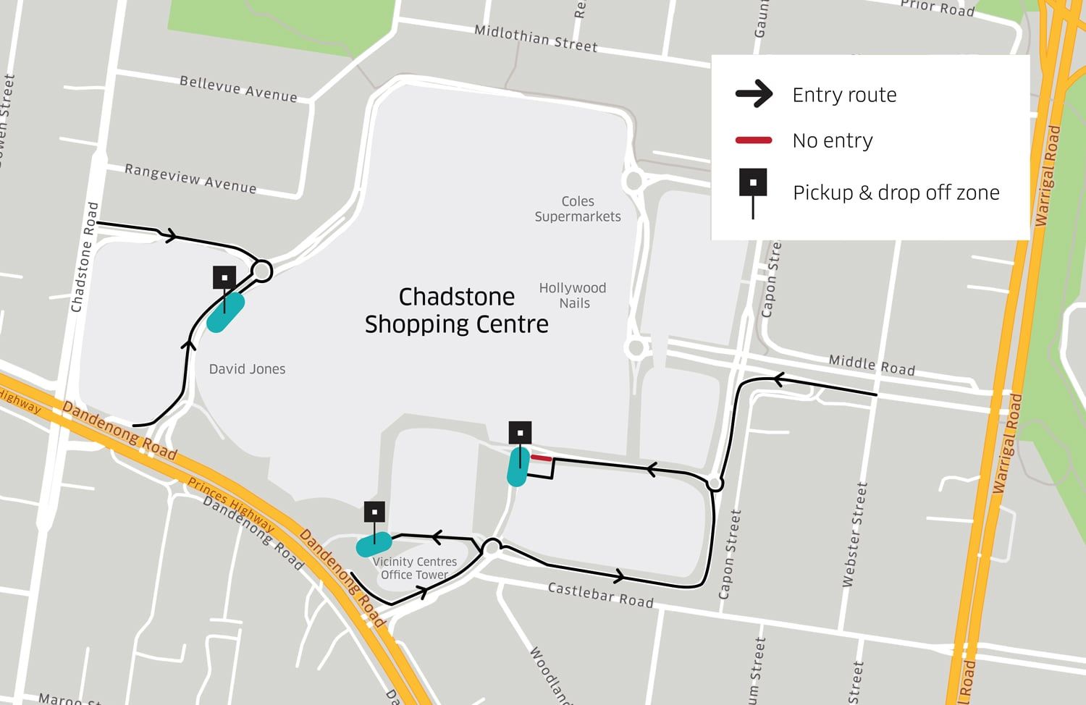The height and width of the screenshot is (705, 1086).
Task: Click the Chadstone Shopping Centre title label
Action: tap(456, 311)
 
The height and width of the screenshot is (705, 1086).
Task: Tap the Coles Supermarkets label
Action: tap(578, 209)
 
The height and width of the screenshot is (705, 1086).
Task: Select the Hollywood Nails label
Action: tap(573, 295)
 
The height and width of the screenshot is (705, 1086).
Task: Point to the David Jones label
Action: tap(247, 369)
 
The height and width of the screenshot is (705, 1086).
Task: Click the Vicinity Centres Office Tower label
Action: tap(415, 568)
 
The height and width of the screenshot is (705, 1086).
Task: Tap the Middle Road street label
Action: tap(872, 365)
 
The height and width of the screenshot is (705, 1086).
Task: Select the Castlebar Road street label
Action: tap(600, 595)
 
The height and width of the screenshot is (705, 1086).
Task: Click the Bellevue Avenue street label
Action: tap(238, 89)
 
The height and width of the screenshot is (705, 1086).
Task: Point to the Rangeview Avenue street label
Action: tap(190, 178)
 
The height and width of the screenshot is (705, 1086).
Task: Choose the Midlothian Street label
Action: tap(536, 38)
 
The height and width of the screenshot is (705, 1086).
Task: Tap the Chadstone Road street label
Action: tap(85, 257)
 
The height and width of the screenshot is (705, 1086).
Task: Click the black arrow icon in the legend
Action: tap(754, 95)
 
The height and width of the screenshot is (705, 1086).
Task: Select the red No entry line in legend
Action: tap(754, 140)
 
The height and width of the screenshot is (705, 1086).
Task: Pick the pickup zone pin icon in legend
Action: tap(753, 184)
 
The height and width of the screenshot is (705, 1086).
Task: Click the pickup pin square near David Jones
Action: tap(224, 278)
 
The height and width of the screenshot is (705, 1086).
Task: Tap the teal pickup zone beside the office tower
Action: tap(374, 544)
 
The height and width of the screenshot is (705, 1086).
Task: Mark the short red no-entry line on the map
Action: tap(541, 458)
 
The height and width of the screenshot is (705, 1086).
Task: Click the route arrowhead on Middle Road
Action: tap(778, 379)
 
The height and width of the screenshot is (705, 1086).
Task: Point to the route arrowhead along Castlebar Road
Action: tap(619, 576)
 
